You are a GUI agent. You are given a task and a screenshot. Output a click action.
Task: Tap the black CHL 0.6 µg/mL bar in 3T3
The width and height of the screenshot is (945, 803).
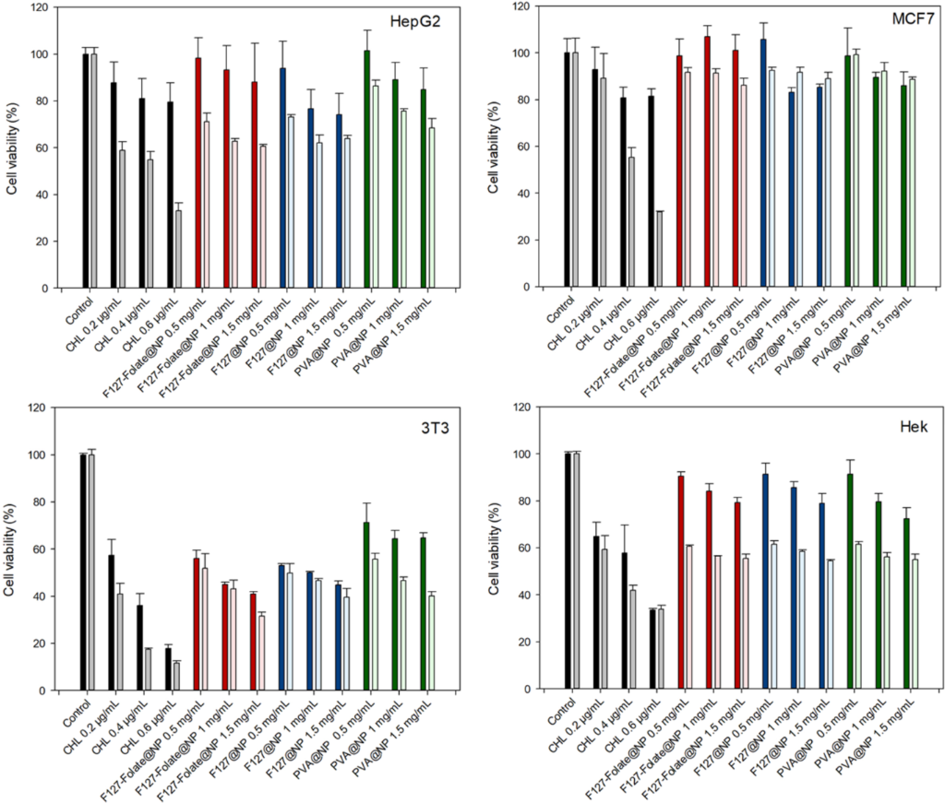click(168, 668)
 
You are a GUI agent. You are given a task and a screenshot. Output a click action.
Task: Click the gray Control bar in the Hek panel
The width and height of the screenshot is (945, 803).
click(577, 571)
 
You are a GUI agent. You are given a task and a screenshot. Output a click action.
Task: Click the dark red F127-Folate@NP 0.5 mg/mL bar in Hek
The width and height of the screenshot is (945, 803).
click(680, 582)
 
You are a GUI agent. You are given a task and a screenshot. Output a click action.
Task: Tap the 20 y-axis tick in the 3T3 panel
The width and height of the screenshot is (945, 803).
click(42, 643)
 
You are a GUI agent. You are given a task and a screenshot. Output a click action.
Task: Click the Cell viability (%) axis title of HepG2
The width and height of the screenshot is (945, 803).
click(12, 148)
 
